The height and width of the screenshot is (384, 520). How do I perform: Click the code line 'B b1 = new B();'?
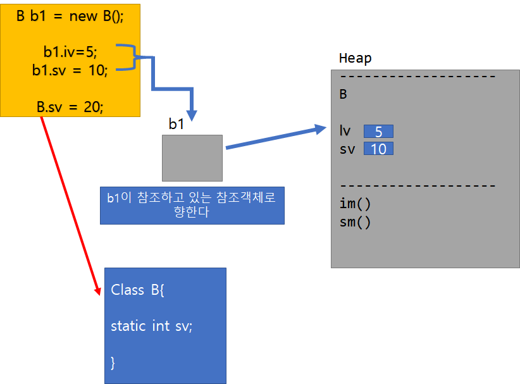coord(70,16)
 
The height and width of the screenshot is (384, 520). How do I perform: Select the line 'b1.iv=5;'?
coord(70,52)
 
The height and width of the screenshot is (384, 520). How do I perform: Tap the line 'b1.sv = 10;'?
coord(70,70)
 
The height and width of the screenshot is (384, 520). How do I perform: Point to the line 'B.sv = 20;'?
coord(70,107)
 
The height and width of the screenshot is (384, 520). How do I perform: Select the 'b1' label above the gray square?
coord(176,124)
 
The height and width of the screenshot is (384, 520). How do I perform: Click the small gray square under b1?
coord(192,158)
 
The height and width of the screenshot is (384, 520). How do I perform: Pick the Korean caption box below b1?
coord(192,205)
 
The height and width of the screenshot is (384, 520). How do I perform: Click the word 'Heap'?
coord(356,58)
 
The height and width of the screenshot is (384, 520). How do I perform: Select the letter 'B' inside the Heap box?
coord(344,94)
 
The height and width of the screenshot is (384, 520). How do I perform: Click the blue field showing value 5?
coord(378,132)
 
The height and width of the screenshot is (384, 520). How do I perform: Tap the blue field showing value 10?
coord(378,149)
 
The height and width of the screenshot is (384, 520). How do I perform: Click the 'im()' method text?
coord(355,204)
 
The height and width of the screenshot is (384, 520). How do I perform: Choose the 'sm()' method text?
coord(355,222)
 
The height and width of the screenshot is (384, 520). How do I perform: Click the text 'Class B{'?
coord(138,290)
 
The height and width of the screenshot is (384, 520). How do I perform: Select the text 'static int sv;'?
coord(151,326)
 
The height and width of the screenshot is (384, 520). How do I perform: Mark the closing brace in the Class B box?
coord(113,362)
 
